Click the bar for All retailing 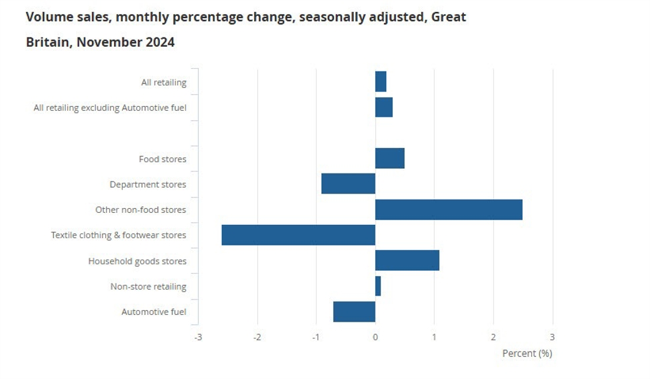[381, 81]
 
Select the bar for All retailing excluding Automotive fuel [384, 107]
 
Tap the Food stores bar [390, 158]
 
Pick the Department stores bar [348, 183]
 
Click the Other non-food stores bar [449, 210]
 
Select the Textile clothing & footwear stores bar [298, 235]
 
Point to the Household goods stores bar [407, 260]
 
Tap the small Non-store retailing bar [378, 286]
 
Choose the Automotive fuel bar [354, 312]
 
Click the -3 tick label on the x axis [197, 337]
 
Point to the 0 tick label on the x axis [375, 337]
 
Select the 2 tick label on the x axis [493, 337]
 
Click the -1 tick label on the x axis [315, 337]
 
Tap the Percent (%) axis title [527, 353]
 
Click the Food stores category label [162, 159]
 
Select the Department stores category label [148, 184]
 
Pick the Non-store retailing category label [148, 287]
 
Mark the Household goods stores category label [137, 261]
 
